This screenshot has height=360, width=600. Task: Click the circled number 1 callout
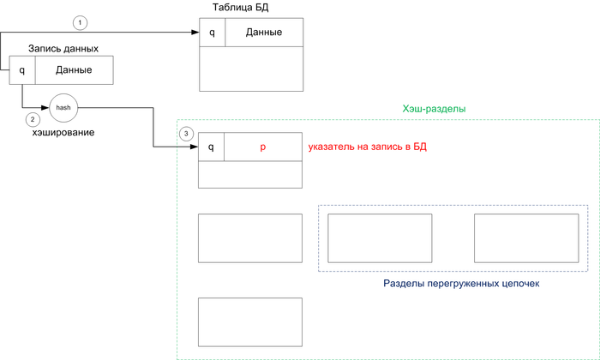(x=80, y=21)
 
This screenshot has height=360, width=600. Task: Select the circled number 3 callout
(x=186, y=134)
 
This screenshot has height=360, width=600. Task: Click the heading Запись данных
(x=63, y=48)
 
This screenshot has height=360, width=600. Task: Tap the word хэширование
(x=63, y=133)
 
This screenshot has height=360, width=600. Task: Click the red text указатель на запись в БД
(x=368, y=147)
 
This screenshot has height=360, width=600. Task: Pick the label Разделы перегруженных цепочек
(x=453, y=283)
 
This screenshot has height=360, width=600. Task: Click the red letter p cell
(x=263, y=147)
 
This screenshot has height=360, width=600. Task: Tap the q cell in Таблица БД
(x=212, y=33)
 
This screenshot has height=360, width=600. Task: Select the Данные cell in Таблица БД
(x=264, y=33)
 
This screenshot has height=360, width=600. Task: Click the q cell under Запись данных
(x=22, y=70)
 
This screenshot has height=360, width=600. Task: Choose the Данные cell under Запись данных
(x=74, y=70)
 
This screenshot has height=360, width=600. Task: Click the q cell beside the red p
(x=212, y=147)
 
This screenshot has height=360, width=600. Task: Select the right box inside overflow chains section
(x=525, y=238)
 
